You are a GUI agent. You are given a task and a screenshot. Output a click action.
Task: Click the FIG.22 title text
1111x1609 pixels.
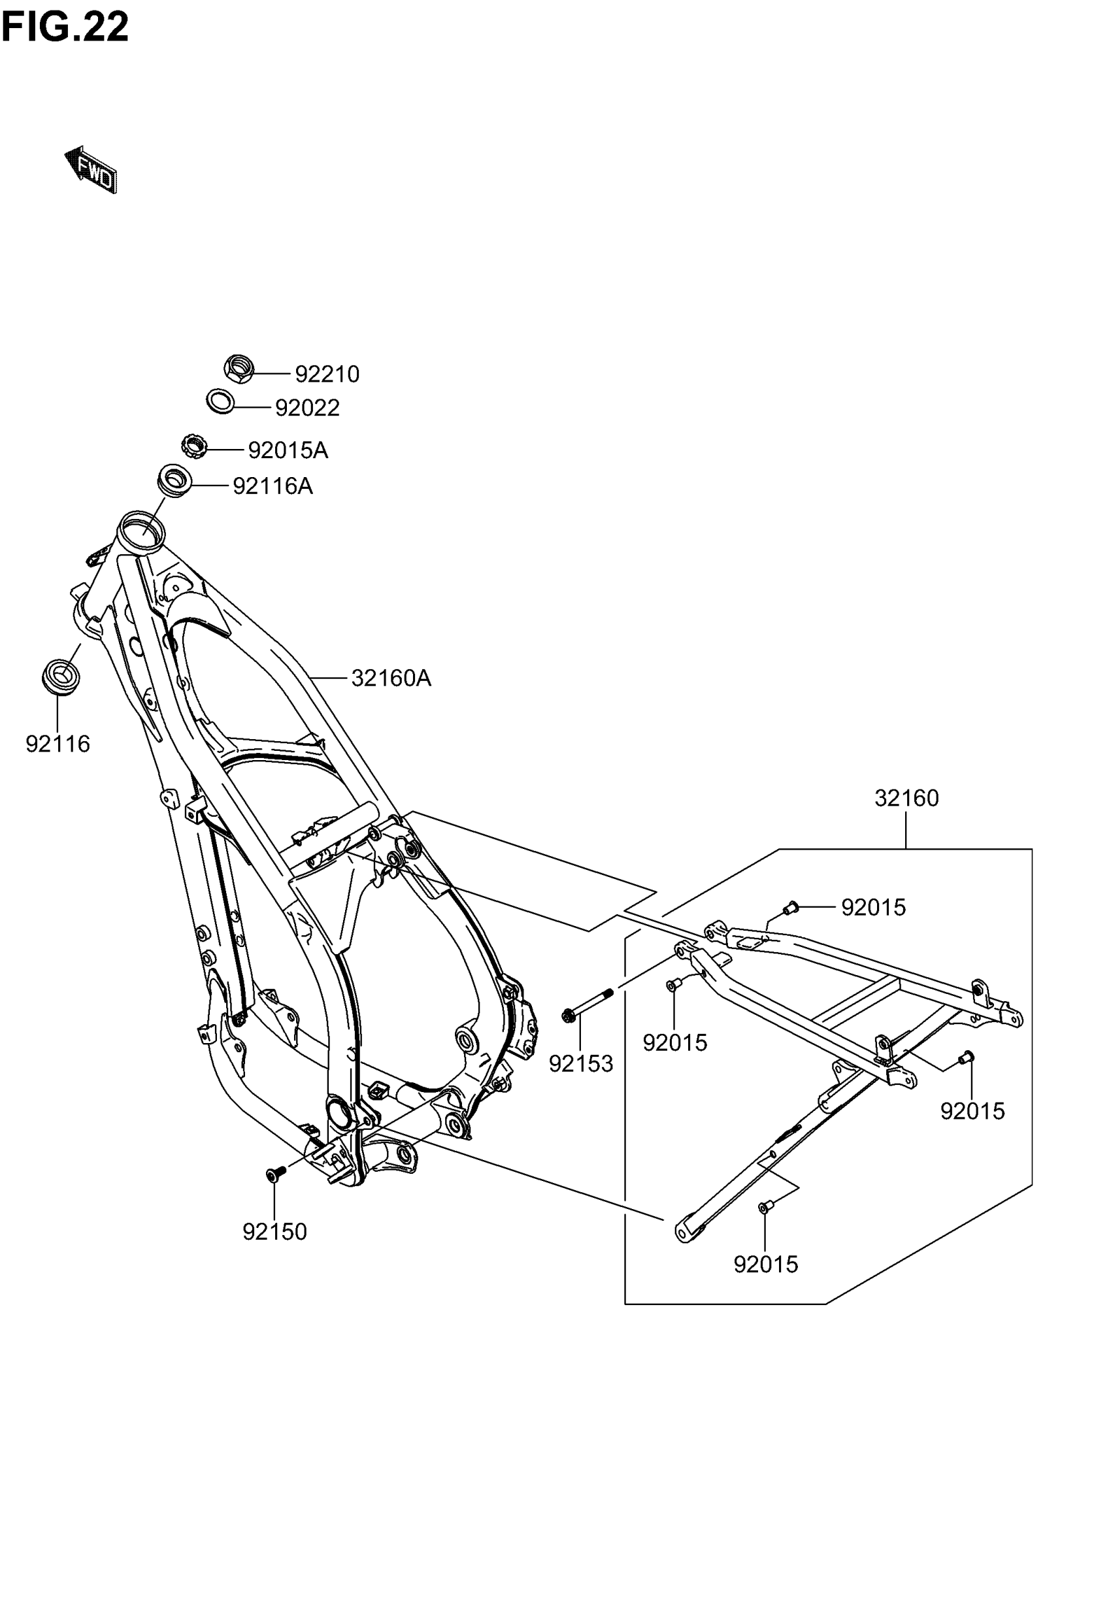coord(65,28)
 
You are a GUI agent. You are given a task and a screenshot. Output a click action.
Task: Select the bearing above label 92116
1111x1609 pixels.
coord(61,676)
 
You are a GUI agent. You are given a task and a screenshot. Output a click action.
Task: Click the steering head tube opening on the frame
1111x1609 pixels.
coord(142,524)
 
